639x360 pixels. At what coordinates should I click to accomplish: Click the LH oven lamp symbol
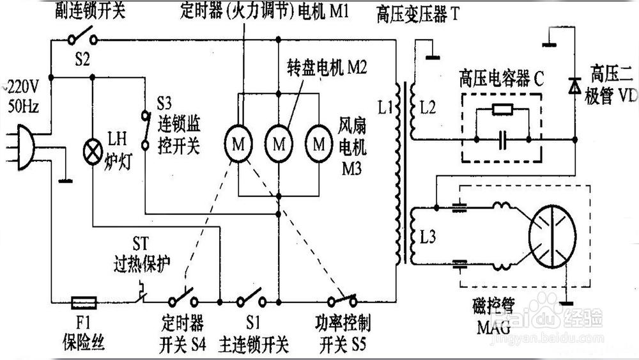pos(93,152)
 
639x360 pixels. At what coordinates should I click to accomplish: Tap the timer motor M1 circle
pos(238,143)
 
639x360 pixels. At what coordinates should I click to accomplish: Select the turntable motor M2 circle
pos(279,143)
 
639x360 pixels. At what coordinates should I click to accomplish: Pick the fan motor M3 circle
pos(319,143)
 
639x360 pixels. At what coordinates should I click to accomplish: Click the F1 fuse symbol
pos(84,302)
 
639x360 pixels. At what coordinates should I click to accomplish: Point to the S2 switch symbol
pos(82,36)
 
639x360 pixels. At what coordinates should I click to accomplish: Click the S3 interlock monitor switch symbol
pos(145,130)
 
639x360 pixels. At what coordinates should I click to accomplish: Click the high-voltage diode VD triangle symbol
pos(574,86)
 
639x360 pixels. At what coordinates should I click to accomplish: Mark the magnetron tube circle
pos(552,237)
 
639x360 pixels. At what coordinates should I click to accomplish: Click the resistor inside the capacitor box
pos(502,109)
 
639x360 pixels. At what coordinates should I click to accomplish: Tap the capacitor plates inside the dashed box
pos(503,139)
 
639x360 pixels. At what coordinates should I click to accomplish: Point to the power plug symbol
pos(24,147)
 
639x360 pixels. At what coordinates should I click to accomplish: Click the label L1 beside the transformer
pos(385,107)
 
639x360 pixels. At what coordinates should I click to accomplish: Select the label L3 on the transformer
pos(427,237)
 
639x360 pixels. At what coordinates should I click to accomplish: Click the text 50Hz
pos(23,107)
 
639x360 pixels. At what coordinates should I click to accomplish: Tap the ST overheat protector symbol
pos(141,293)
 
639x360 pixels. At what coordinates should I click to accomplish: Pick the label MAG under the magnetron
pos(493,327)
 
